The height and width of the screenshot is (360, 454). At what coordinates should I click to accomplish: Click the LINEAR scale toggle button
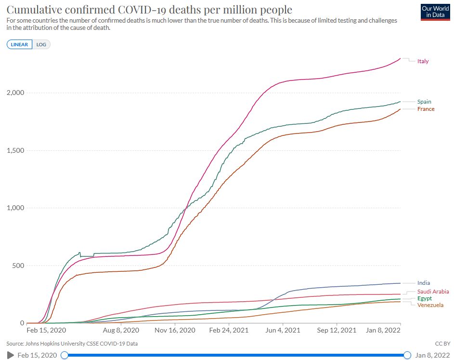tap(19, 44)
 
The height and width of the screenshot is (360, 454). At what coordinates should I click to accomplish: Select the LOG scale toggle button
tap(41, 44)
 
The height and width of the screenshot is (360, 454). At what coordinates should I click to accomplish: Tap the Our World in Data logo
tap(435, 12)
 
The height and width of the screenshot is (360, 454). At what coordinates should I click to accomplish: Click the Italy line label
tap(423, 61)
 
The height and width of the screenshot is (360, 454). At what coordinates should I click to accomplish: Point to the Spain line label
tap(424, 102)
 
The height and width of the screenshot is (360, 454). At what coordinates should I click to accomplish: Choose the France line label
tap(426, 109)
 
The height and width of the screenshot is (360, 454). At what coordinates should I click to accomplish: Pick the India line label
tap(424, 283)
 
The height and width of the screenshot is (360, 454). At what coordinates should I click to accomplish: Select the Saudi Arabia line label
tap(433, 292)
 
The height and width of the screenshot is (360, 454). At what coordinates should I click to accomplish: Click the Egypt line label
tap(425, 298)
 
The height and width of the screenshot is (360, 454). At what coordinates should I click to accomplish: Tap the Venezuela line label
tap(430, 305)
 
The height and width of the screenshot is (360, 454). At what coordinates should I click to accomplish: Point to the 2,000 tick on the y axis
tap(15, 93)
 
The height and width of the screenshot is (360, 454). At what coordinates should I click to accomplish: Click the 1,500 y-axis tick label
tap(15, 150)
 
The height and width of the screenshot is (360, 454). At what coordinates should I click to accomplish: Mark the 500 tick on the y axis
tap(18, 266)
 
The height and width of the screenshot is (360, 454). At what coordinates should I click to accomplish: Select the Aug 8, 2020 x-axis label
tap(121, 330)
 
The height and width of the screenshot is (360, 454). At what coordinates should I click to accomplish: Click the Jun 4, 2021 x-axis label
tap(283, 330)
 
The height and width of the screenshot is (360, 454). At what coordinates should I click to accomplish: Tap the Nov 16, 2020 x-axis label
tap(175, 330)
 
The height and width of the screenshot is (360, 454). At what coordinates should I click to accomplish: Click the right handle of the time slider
tap(407, 355)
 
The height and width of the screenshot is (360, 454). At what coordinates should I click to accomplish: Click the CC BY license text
tap(443, 344)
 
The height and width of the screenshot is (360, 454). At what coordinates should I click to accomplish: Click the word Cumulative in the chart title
tap(34, 10)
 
